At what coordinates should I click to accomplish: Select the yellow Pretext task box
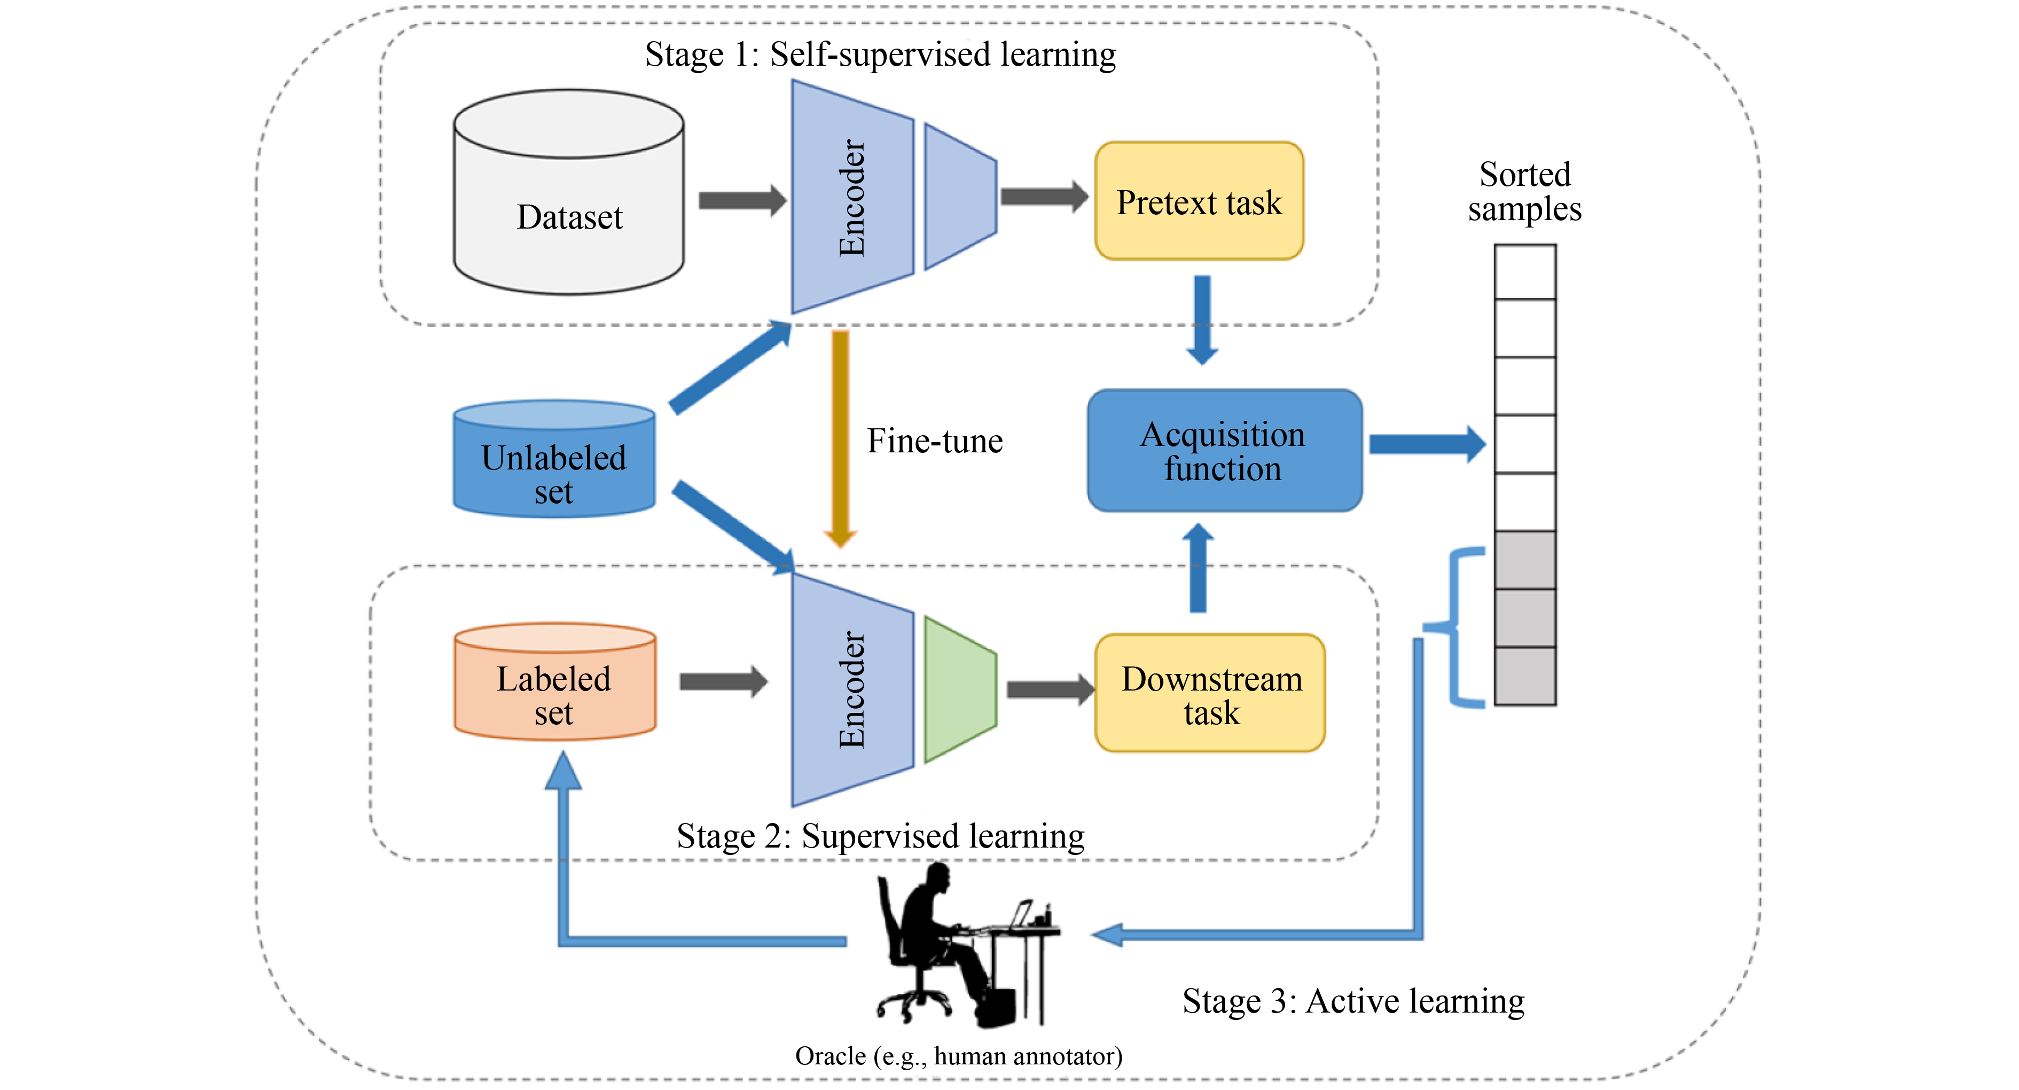point(1199,201)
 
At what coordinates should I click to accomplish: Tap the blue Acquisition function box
point(1224,451)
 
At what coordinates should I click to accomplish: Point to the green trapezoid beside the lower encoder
point(959,689)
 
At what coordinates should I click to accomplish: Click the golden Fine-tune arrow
point(840,439)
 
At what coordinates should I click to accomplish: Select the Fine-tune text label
point(934,441)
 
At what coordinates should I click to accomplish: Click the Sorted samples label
point(1524,192)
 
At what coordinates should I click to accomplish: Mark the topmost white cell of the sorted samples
point(1524,272)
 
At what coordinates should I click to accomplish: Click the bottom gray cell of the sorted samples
point(1524,676)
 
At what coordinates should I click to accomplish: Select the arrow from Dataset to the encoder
point(741,201)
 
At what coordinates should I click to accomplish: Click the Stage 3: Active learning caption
point(1353,1001)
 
